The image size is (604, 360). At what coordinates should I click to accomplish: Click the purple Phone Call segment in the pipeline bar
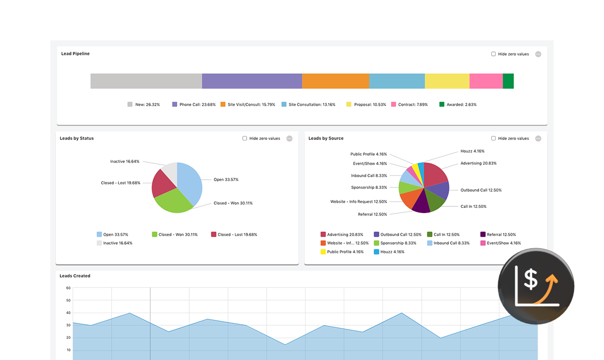[x=252, y=81]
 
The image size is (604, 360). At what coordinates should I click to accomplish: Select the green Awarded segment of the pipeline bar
[x=508, y=81]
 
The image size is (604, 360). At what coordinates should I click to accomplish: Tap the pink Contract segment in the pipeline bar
[x=486, y=81]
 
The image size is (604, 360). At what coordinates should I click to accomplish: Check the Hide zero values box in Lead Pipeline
[x=494, y=54]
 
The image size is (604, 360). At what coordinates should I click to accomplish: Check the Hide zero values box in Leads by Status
[x=245, y=138]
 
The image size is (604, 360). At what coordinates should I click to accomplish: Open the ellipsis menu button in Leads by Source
[x=538, y=138]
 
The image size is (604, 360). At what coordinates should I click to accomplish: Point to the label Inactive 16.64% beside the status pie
[x=125, y=162]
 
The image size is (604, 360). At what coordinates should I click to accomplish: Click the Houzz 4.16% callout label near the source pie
[x=472, y=151]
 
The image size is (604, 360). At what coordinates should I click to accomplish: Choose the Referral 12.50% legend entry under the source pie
[x=498, y=235]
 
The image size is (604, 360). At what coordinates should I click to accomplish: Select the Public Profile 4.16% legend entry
[x=342, y=252]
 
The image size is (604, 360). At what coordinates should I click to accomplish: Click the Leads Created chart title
[x=75, y=276]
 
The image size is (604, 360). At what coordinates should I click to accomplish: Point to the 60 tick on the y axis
[x=68, y=288]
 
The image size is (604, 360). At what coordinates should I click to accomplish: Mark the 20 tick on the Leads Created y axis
[x=68, y=338]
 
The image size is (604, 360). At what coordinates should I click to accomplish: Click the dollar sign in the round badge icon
[x=530, y=279]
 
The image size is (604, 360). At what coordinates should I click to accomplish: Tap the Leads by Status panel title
[x=77, y=138]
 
